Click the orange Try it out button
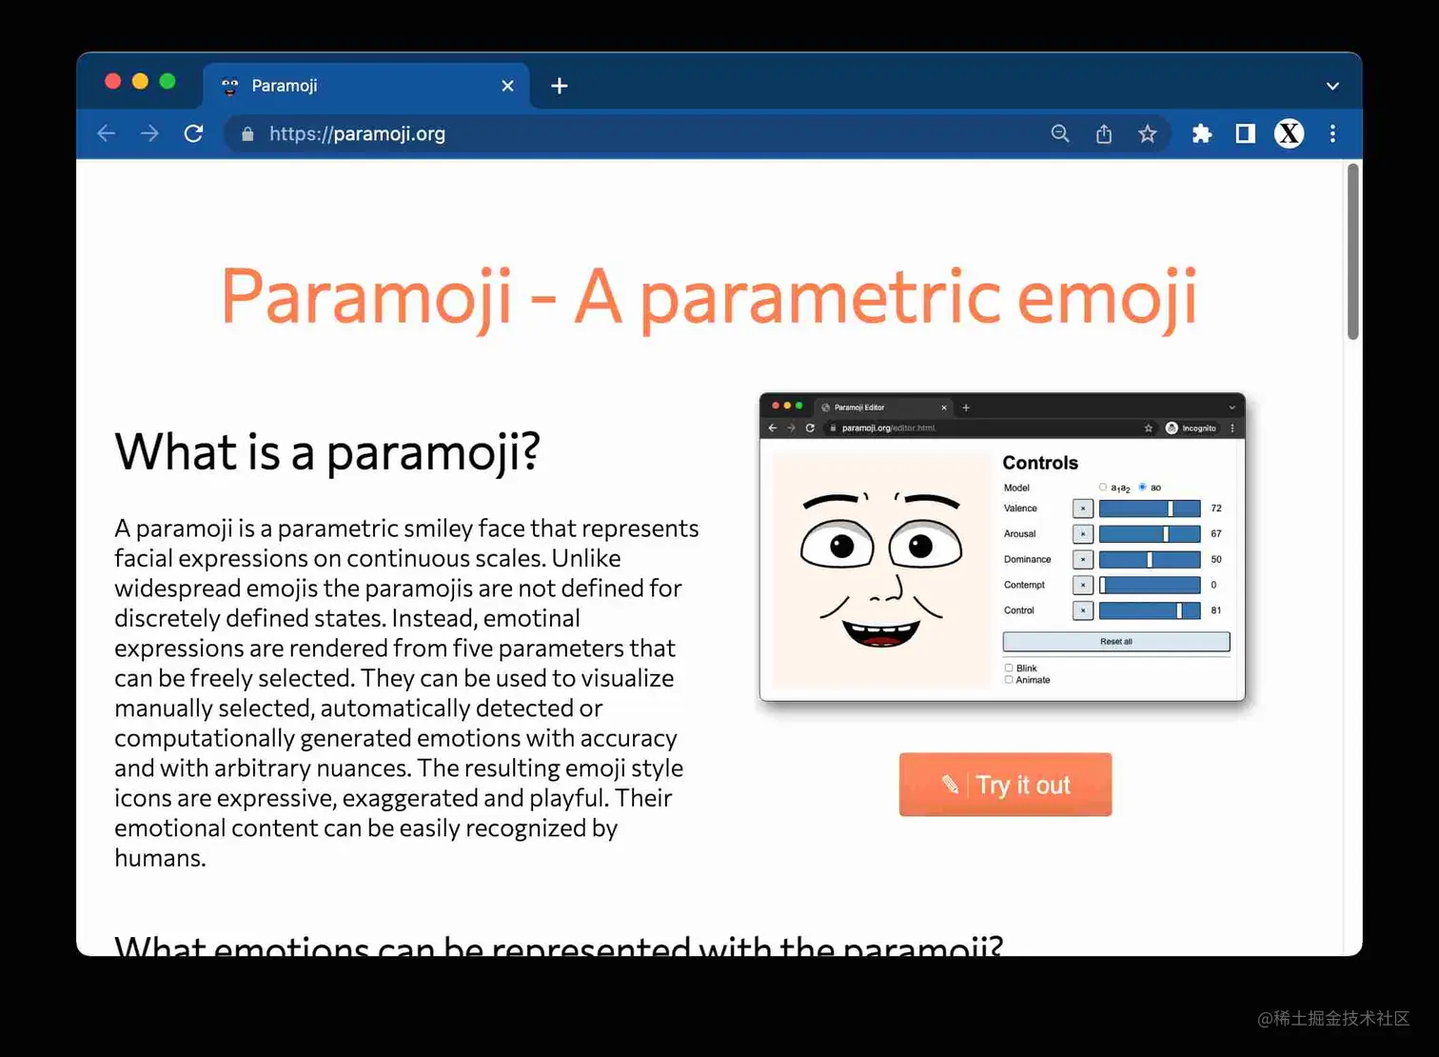pos(1005,785)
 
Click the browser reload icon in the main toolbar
pos(193,133)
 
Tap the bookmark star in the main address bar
pos(1147,134)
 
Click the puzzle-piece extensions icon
pos(1201,134)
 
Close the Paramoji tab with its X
pos(507,86)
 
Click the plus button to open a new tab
pos(560,86)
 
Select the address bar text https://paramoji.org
pos(357,134)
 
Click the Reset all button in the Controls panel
pos(1115,642)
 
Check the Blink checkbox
pos(1009,668)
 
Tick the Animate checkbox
pos(1009,680)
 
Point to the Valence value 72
pos(1215,509)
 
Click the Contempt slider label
pos(1024,585)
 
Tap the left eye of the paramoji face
pos(838,547)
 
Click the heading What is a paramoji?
pos(327,451)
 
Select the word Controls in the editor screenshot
pos(1039,463)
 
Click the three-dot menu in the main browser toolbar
pos(1332,134)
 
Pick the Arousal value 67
pos(1215,534)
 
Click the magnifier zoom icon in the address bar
pos(1059,134)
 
